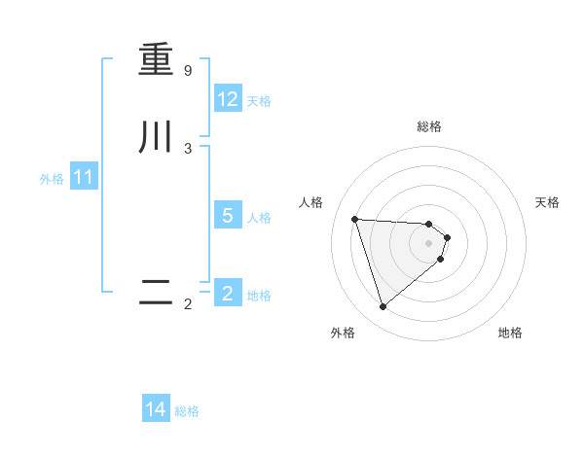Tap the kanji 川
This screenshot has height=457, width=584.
pos(156,136)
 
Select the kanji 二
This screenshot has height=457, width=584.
pos(156,293)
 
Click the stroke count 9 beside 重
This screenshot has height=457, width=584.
pos(188,71)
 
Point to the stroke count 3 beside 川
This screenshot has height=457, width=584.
pos(188,148)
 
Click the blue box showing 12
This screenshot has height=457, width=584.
pos(228,99)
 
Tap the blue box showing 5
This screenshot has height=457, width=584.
pos(228,216)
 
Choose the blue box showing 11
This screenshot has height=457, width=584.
pos(84,178)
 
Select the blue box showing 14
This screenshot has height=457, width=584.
pos(156,409)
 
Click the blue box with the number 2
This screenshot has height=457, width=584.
pos(228,294)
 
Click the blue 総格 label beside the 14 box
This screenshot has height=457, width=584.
pos(187,411)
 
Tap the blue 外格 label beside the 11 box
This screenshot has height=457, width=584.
pos(52,179)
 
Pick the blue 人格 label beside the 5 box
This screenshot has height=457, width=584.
pos(260,217)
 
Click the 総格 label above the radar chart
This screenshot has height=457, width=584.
pos(429,126)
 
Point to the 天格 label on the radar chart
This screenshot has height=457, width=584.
pos(548,202)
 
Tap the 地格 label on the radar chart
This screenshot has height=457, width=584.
pos(510,333)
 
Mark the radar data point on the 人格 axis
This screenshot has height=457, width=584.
pos(355,219)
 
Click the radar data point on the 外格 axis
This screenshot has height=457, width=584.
pos(383,307)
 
